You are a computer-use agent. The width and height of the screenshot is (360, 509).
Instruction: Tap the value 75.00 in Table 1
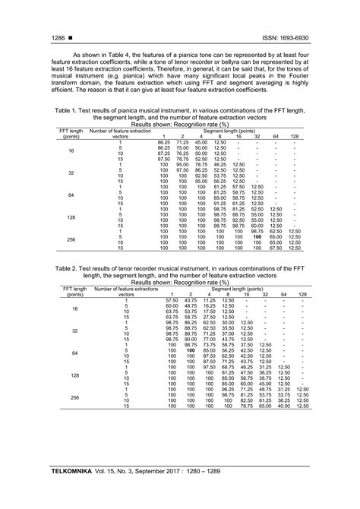[182, 147]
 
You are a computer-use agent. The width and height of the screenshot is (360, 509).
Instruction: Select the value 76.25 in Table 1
[182, 152]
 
